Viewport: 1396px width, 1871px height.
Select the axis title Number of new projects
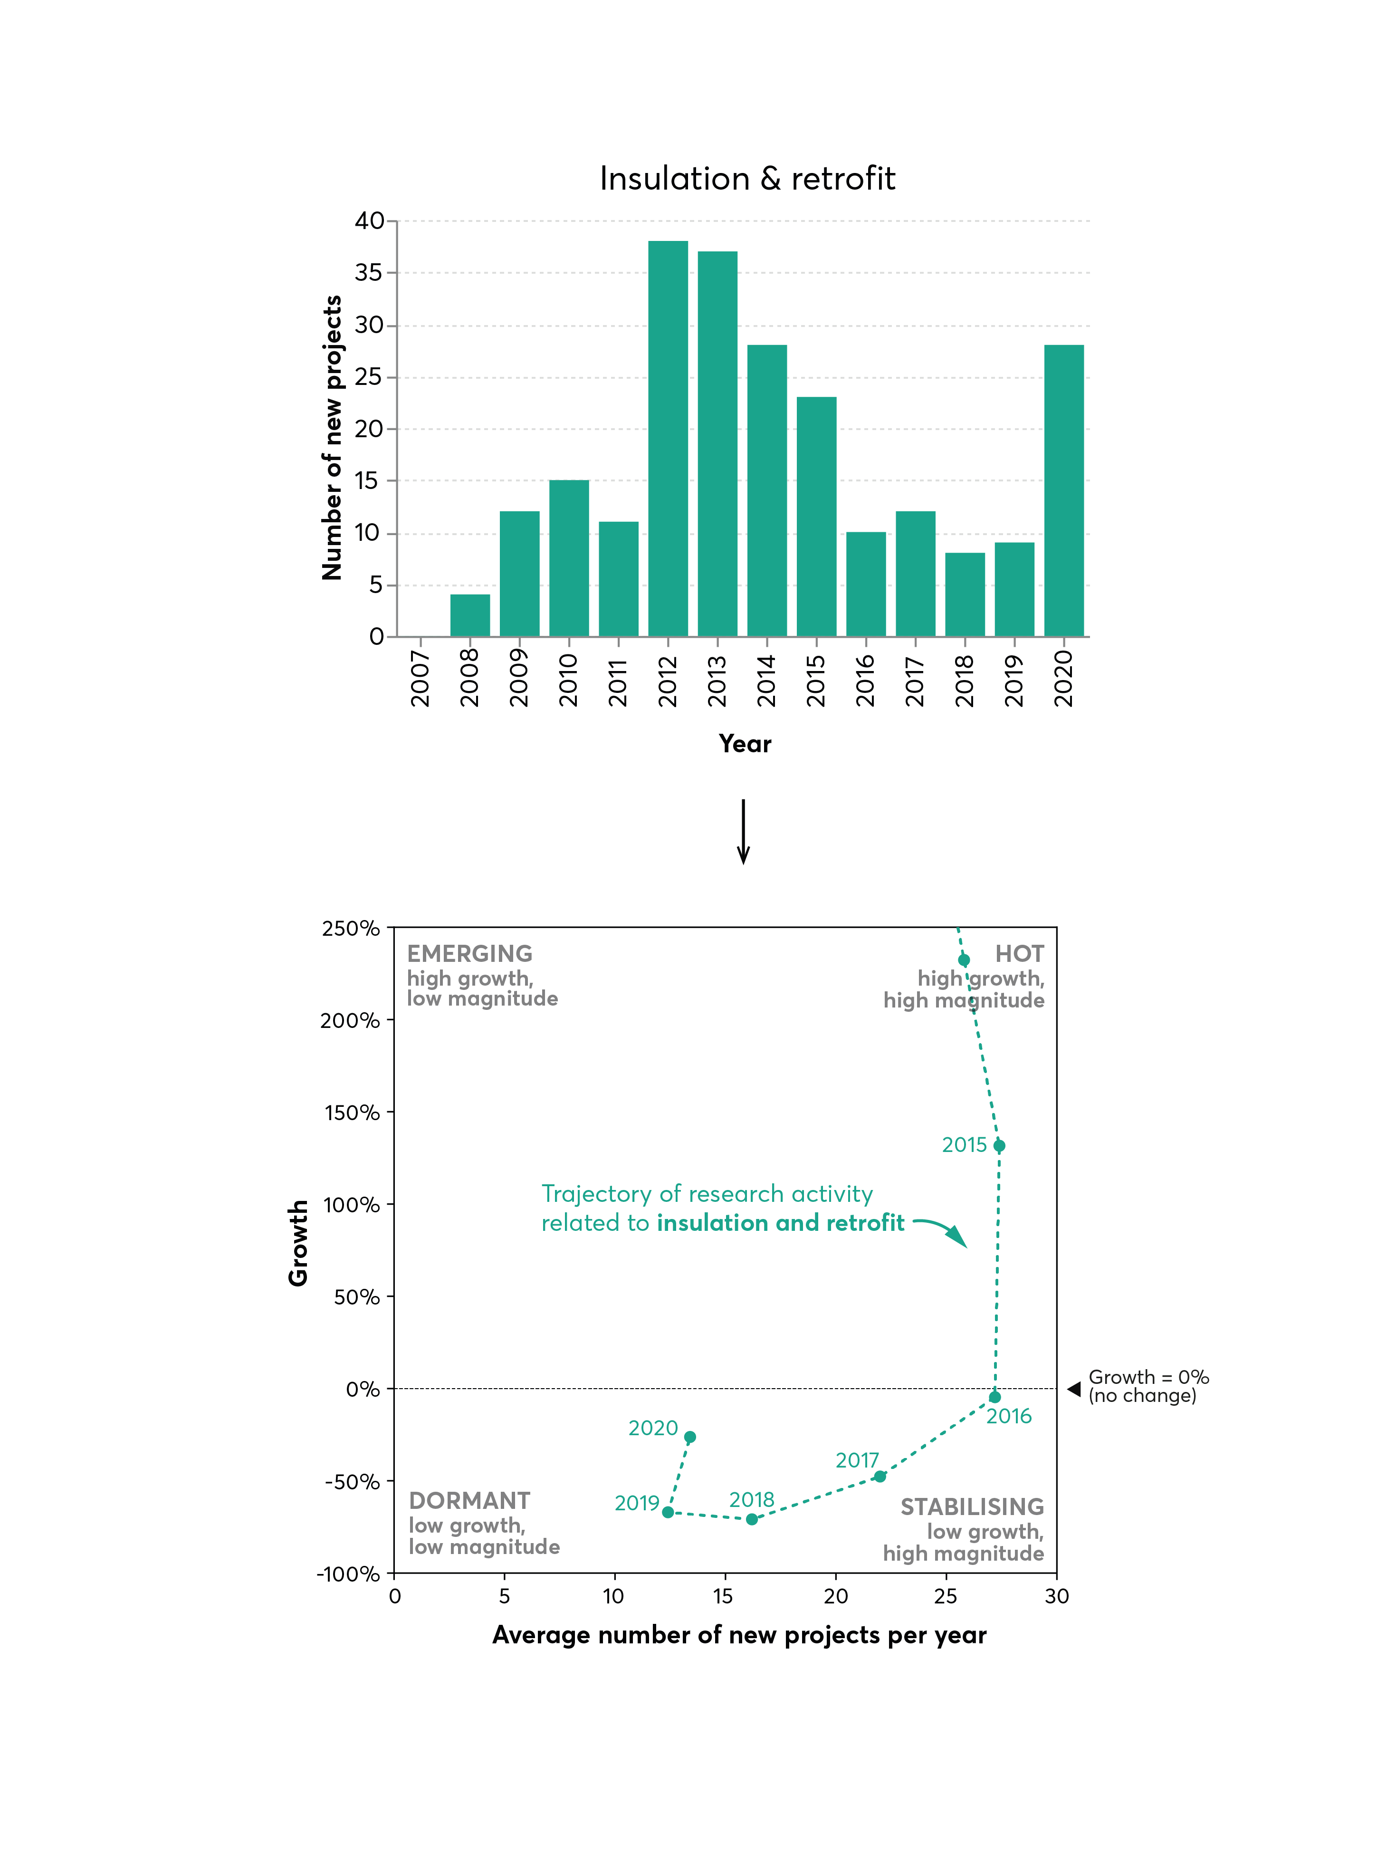click(x=332, y=438)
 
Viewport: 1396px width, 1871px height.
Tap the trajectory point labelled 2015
click(x=999, y=1146)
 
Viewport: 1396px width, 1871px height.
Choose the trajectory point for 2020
click(x=689, y=1437)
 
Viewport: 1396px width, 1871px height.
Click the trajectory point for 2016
click(x=994, y=1397)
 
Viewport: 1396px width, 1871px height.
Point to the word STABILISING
click(x=972, y=1507)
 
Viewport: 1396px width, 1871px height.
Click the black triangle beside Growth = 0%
click(x=1074, y=1389)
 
